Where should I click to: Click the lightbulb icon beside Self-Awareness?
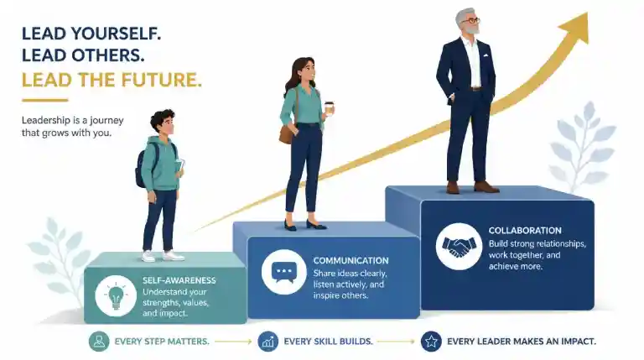pos(116,295)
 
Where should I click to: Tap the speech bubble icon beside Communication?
pos(283,272)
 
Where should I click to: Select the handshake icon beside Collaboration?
pos(459,246)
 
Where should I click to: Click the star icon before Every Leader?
pos(431,341)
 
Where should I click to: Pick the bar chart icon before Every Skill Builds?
pos(267,341)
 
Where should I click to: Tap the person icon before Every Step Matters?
pos(99,341)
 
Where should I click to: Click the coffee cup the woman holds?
pos(329,107)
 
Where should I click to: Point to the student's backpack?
pos(142,166)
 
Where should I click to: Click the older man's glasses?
pos(471,20)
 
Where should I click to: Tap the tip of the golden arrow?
pos(587,13)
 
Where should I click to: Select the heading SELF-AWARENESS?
pos(179,280)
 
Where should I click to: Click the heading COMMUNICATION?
pos(351,260)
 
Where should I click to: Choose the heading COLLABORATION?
pos(525,231)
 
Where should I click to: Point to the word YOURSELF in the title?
pos(116,34)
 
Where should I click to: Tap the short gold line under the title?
pos(44,100)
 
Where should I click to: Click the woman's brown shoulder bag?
pos(286,133)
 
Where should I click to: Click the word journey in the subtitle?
pos(106,121)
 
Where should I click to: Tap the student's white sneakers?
pos(163,256)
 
